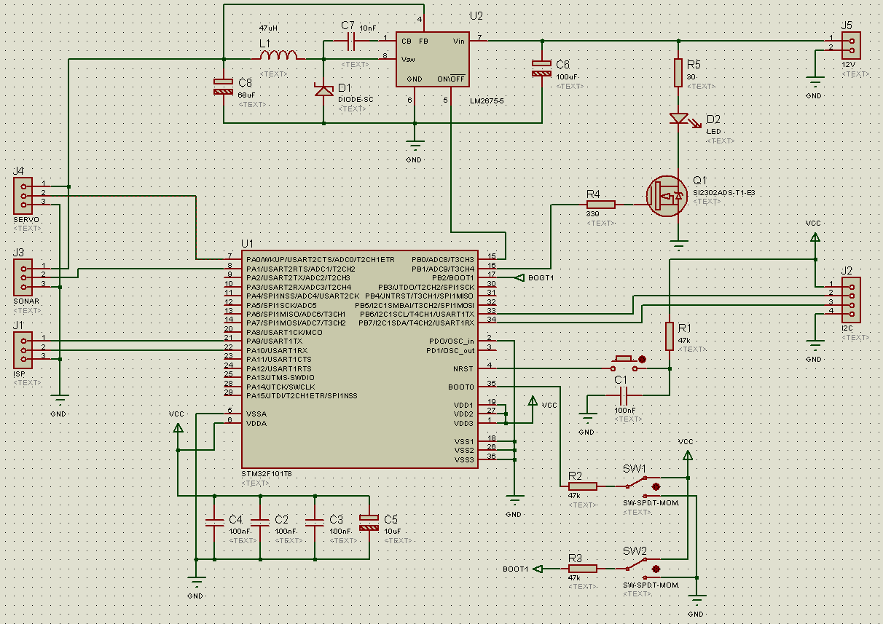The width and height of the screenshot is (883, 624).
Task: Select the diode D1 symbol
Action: point(323,90)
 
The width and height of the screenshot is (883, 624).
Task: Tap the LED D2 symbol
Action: point(678,118)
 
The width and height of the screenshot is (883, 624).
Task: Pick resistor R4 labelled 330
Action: point(600,205)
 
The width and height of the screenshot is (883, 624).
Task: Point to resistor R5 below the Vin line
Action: point(678,72)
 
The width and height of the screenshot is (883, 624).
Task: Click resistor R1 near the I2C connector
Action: point(670,337)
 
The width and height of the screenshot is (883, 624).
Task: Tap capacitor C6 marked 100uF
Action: point(542,68)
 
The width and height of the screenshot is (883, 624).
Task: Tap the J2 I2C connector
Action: point(850,299)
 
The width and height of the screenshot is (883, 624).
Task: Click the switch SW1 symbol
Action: point(638,483)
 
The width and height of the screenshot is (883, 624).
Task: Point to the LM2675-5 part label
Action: point(487,100)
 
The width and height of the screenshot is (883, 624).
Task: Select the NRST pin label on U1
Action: point(463,368)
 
